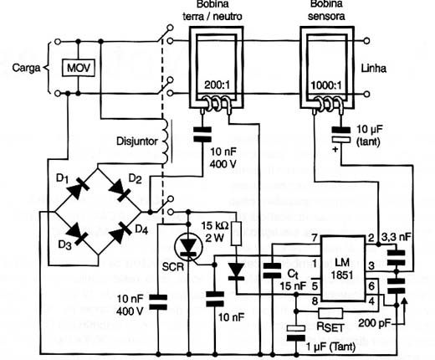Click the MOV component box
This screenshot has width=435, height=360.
pos(79,68)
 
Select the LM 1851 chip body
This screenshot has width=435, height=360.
pos(343,269)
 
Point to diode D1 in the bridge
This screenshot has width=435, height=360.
pos(77,189)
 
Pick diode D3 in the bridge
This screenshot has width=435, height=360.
pos(77,234)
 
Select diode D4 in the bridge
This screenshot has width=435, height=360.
pos(120,233)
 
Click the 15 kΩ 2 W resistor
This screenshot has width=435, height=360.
pos(236,234)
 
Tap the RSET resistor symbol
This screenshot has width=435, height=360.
pos(330,313)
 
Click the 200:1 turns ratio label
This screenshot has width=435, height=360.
pos(217,85)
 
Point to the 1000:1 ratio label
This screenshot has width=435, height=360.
pos(326,85)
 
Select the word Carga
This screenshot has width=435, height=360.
pos(26,68)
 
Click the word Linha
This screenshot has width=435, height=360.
pos(374,69)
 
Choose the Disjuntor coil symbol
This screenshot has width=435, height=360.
pos(165,141)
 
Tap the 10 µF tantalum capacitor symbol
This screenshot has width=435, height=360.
pos(340,135)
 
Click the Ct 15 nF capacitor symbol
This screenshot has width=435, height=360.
pos(272,270)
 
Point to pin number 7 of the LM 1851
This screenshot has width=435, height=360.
pos(315,238)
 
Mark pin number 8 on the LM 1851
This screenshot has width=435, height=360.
pos(315,301)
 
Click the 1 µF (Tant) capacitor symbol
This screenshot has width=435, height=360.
pos(296,333)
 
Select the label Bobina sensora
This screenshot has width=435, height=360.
pos(326,10)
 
